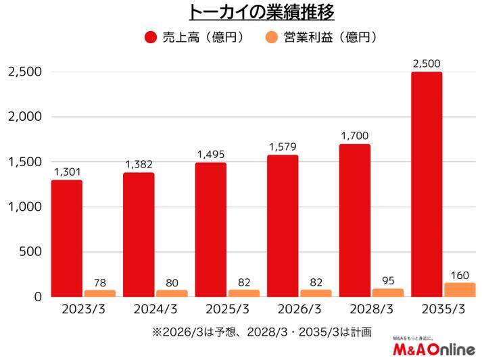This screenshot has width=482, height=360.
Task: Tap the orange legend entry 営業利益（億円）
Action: click(321, 37)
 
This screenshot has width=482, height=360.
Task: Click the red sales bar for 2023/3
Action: click(66, 238)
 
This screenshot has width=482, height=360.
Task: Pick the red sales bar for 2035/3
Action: click(427, 184)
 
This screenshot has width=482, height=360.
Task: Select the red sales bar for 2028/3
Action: click(354, 220)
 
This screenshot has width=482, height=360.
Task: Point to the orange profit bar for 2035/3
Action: click(459, 289)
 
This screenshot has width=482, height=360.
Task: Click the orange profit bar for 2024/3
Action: click(171, 293)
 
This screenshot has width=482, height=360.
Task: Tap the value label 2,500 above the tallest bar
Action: click(427, 64)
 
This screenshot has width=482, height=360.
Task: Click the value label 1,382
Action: click(139, 165)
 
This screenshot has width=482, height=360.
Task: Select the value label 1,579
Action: click(283, 147)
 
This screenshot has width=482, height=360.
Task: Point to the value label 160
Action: click(459, 275)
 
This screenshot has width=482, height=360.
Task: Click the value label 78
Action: click(99, 282)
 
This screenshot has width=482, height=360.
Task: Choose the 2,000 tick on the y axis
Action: click(25, 117)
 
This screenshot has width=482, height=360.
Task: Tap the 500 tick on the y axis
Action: click(31, 252)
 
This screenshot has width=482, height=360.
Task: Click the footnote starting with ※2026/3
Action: click(262, 332)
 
